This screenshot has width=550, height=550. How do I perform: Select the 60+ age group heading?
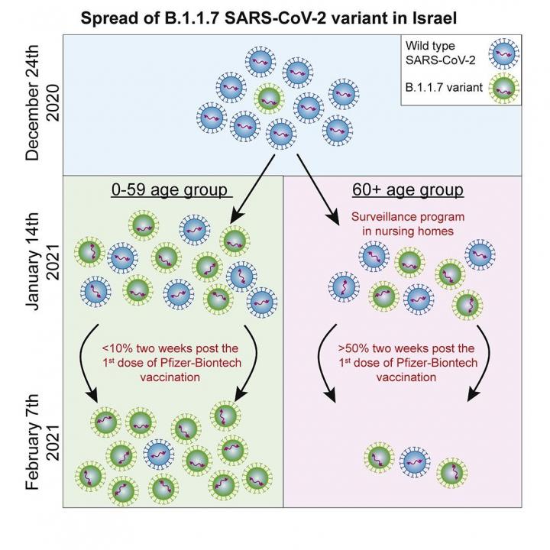click(x=408, y=189)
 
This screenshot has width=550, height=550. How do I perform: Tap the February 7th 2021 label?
click(x=41, y=436)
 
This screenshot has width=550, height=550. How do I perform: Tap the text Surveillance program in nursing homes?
click(x=407, y=224)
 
